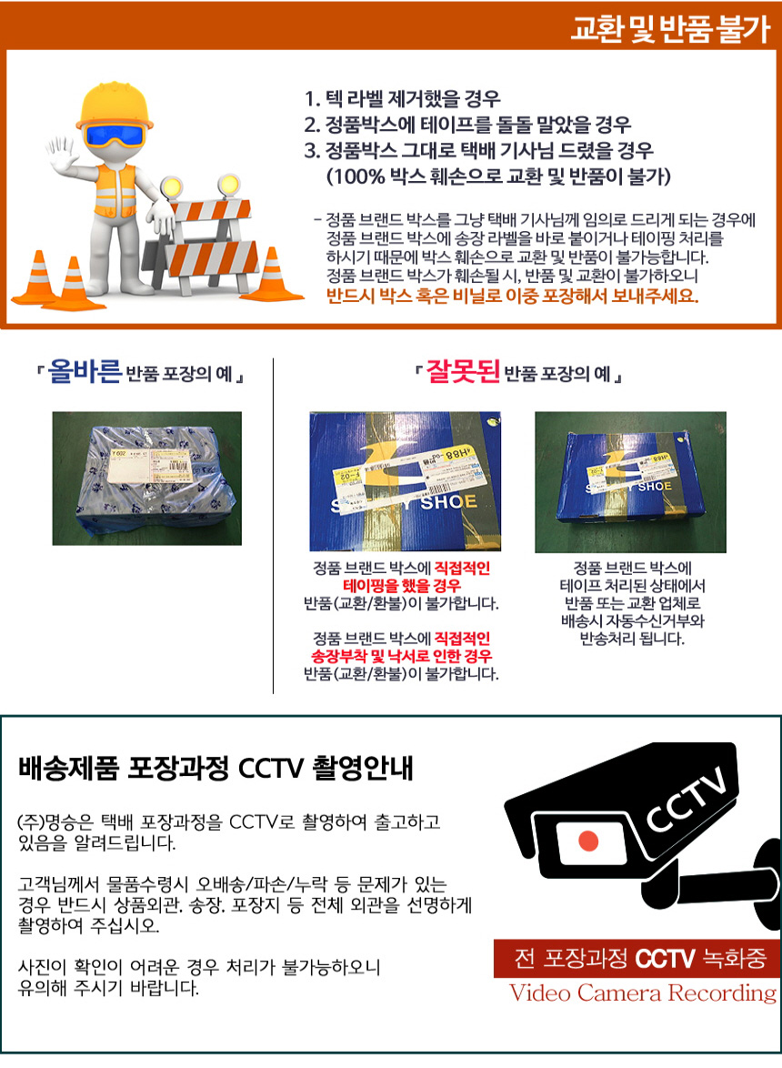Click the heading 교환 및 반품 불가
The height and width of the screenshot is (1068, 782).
670,28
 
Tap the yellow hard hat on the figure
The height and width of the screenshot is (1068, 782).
114,106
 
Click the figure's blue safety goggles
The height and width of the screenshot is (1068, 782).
115,134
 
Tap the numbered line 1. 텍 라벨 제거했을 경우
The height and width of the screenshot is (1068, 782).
402,99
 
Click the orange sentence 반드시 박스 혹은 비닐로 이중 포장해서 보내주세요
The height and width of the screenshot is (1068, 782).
513,296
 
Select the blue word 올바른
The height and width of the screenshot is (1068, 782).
85,371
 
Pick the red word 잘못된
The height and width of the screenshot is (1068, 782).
463,371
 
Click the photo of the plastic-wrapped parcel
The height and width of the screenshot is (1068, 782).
147,479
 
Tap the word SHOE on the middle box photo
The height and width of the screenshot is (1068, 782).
447,502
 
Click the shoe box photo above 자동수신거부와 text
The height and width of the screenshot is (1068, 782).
630,481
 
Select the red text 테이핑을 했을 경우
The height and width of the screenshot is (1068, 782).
402,586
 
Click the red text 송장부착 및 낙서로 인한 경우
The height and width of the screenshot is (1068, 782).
402,657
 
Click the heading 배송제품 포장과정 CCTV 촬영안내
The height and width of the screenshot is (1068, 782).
216,768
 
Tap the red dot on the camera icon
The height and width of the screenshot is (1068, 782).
588,841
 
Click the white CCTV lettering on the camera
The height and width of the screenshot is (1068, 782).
685,799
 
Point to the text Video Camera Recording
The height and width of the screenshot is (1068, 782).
643,993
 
